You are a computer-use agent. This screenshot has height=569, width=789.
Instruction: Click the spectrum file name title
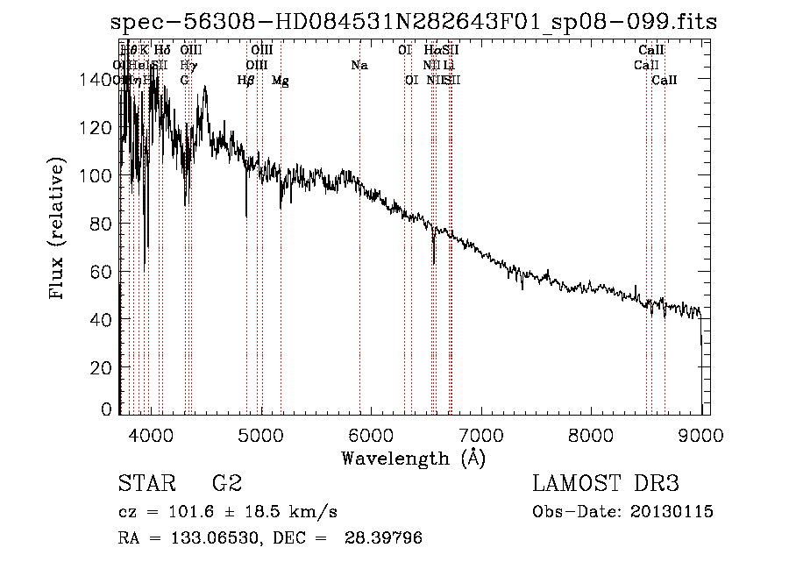pos(413,21)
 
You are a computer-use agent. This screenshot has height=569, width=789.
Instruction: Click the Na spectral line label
pos(359,65)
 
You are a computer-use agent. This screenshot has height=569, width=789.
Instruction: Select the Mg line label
pos(281,80)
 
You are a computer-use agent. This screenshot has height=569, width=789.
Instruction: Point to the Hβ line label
pos(246,80)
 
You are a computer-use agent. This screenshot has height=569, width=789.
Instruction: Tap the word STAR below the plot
pos(145,484)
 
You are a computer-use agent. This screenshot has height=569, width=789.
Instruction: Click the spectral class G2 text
pos(227,484)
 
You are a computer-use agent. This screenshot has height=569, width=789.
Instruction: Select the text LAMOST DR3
pos(606,484)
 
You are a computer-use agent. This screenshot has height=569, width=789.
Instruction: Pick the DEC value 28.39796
pos(386,538)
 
